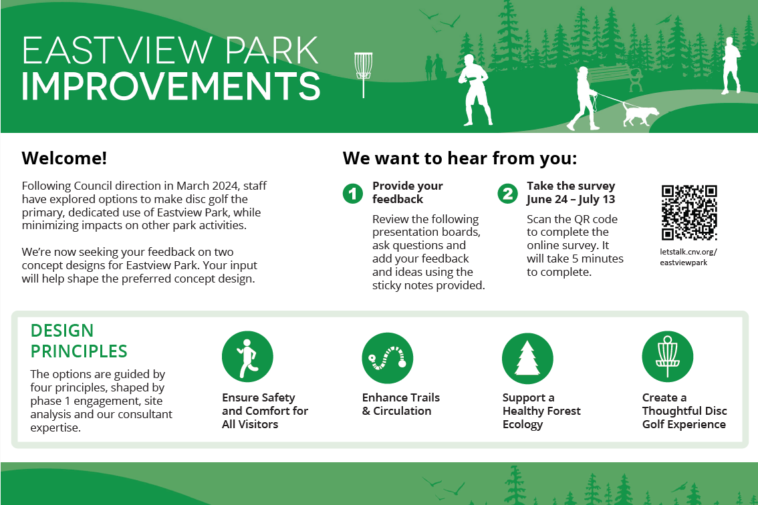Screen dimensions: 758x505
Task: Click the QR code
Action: click(x=689, y=212)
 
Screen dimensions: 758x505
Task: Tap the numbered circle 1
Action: click(x=353, y=194)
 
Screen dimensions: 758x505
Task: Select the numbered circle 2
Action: click(x=507, y=194)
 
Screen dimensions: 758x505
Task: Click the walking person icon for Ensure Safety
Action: click(x=247, y=357)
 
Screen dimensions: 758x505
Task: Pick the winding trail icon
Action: click(x=388, y=358)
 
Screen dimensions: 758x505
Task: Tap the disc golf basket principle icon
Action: click(x=668, y=357)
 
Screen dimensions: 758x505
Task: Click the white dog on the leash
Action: click(x=640, y=114)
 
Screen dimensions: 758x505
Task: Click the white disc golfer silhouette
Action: click(x=476, y=90)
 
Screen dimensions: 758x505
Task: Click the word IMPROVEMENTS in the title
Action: click(x=170, y=86)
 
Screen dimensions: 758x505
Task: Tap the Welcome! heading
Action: click(x=64, y=158)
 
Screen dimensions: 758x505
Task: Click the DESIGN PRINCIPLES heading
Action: click(x=79, y=341)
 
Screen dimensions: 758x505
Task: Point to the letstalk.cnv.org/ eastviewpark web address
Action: click(x=688, y=257)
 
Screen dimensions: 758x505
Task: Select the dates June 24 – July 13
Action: click(x=571, y=199)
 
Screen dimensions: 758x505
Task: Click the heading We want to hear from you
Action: click(x=460, y=158)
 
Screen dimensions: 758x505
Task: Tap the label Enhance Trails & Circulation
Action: click(x=401, y=404)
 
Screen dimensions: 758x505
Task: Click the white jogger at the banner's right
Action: click(x=731, y=65)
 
